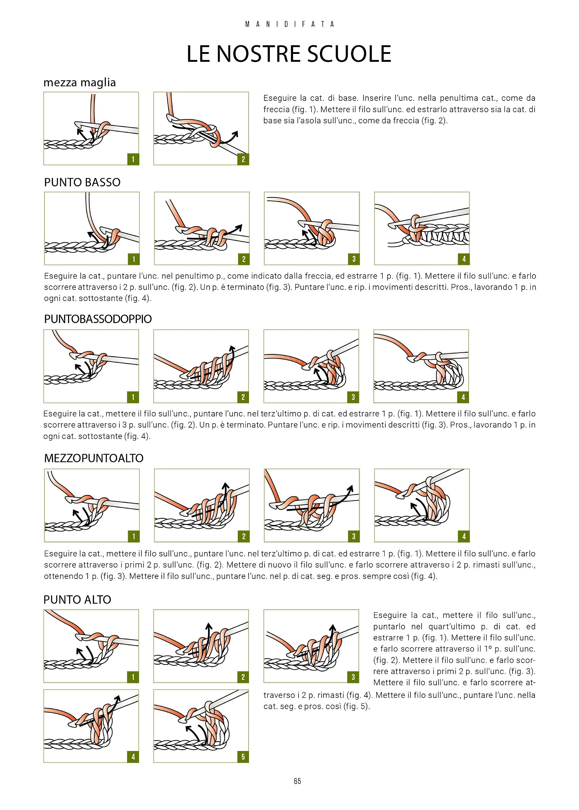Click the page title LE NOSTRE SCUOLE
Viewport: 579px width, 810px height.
[289, 54]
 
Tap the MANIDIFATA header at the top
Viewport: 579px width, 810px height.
[289, 24]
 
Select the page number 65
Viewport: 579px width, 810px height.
[297, 781]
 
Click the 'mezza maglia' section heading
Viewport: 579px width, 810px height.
[80, 83]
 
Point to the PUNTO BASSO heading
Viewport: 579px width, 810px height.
[82, 182]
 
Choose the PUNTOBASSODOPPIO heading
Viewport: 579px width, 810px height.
[98, 319]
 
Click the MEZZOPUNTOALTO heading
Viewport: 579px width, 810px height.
[94, 458]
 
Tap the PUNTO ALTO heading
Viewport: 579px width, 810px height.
[77, 600]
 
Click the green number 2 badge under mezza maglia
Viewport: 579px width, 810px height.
[243, 159]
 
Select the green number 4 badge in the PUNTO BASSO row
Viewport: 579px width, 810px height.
[464, 259]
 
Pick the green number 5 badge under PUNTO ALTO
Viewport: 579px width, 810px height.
[243, 757]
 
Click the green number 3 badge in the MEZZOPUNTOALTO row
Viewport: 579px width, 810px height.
[354, 536]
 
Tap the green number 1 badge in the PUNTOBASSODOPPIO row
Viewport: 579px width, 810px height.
[133, 397]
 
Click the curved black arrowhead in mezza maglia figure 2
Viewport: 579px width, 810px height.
[235, 134]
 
